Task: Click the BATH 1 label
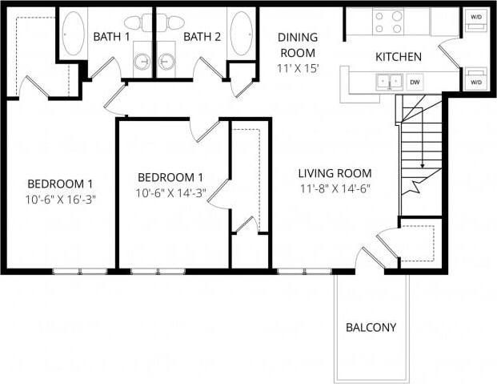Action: tap(111, 37)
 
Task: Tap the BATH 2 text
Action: tap(202, 37)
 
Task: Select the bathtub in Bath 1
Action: tap(73, 33)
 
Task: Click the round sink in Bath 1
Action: tap(143, 61)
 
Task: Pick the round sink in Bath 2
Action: tap(167, 61)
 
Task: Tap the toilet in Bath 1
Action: tap(137, 22)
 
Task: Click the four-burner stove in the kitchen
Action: tap(388, 22)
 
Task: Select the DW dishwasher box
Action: tap(415, 81)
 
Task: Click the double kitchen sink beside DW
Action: tap(390, 81)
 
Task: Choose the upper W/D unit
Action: tap(476, 18)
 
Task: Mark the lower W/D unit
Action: tap(476, 81)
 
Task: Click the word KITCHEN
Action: tap(399, 57)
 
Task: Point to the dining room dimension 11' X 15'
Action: tap(298, 68)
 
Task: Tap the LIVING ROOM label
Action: tap(335, 173)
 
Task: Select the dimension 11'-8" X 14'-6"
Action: tap(335, 189)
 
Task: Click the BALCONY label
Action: tap(371, 327)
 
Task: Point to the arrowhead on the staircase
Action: tap(422, 166)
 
